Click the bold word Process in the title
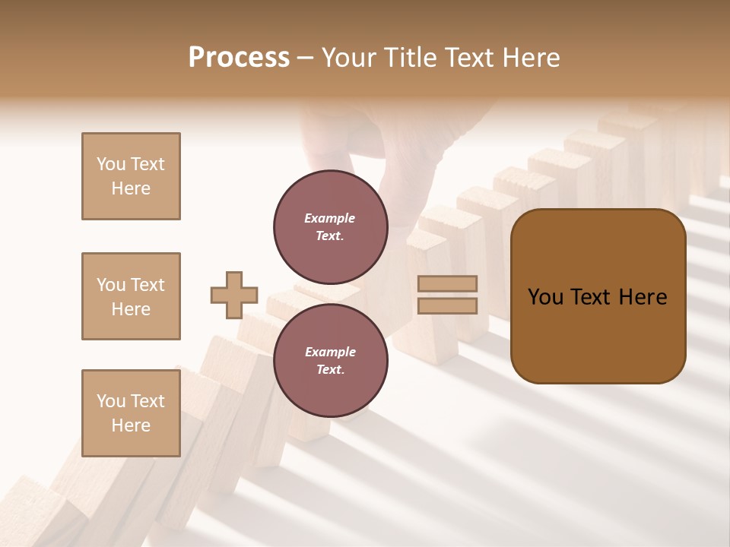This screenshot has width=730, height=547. click(x=239, y=58)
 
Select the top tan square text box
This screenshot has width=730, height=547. click(x=131, y=176)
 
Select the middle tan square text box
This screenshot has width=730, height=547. click(x=131, y=296)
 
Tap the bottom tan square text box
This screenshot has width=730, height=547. click(x=131, y=413)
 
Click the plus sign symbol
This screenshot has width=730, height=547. click(x=234, y=296)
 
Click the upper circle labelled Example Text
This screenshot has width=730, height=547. click(x=330, y=226)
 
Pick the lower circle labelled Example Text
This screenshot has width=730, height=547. click(x=330, y=360)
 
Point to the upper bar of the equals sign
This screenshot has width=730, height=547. click(x=448, y=284)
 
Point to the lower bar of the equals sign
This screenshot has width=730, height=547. click(x=448, y=305)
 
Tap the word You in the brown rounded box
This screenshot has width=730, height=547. click(x=545, y=297)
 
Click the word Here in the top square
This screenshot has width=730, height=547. click(x=131, y=188)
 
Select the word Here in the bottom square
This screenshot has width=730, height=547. click(x=131, y=425)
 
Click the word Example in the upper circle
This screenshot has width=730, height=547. click(x=330, y=218)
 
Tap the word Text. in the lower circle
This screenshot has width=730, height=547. click(x=330, y=370)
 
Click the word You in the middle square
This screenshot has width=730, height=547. click(x=109, y=285)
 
